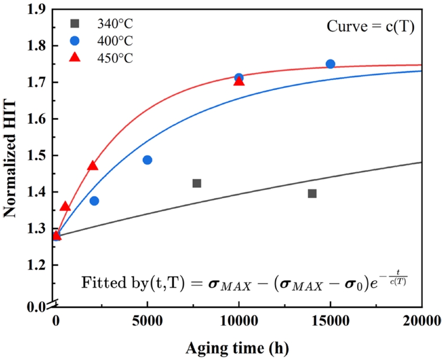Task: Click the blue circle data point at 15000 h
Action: tap(330, 64)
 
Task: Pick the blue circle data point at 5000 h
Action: tap(148, 160)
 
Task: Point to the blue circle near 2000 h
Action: tap(94, 201)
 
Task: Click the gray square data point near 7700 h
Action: tap(197, 183)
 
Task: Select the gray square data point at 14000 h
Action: tap(312, 194)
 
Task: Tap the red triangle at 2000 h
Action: tap(93, 166)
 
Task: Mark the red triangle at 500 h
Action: tap(65, 207)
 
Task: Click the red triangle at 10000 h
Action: tap(239, 81)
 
